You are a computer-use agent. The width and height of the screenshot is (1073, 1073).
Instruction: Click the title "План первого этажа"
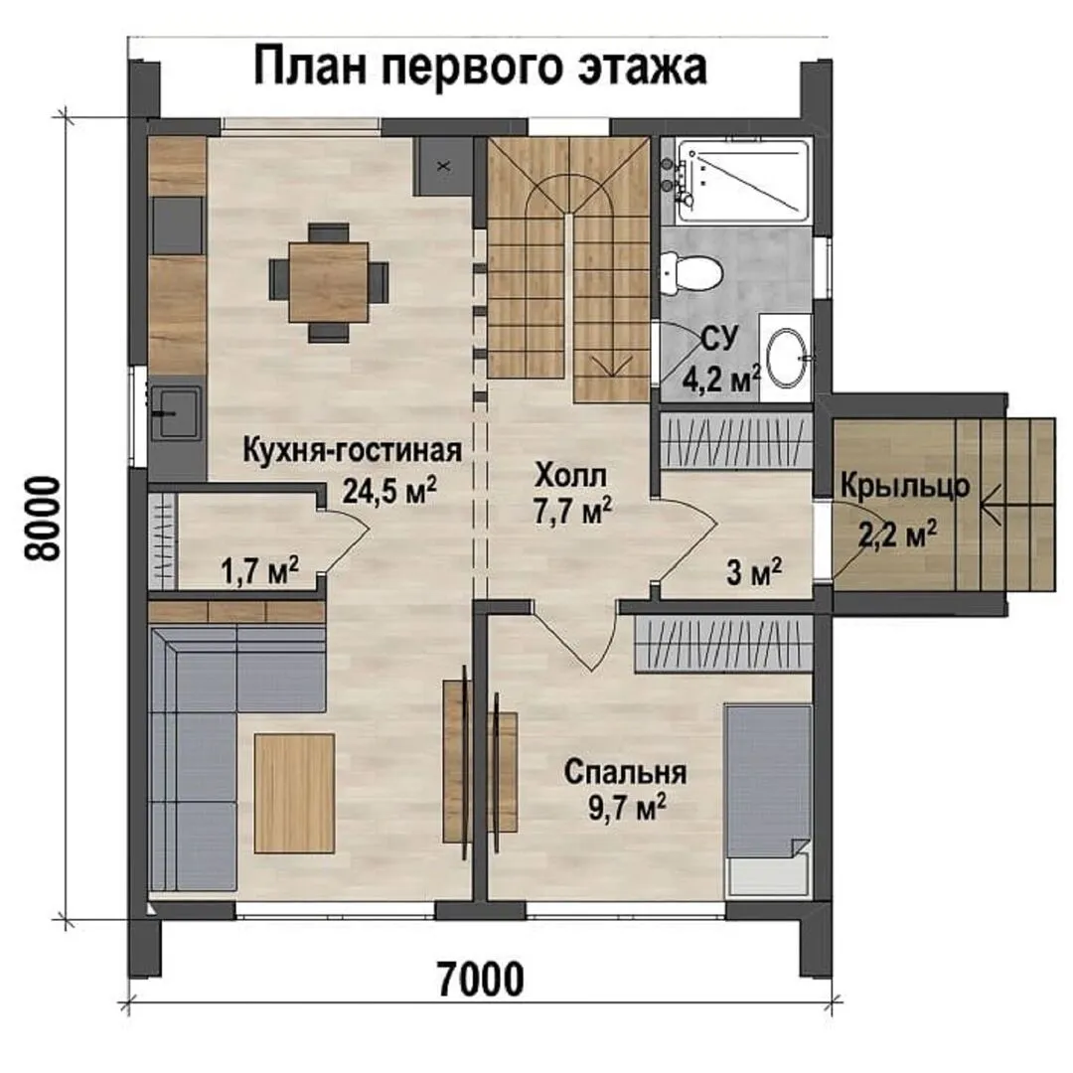(480, 67)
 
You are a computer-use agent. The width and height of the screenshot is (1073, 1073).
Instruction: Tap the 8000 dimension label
(43, 519)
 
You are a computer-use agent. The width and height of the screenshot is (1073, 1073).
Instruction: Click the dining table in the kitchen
(329, 282)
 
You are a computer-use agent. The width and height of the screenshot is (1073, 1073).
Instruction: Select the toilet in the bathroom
(691, 273)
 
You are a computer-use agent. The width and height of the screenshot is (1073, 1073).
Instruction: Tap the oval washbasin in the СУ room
(788, 358)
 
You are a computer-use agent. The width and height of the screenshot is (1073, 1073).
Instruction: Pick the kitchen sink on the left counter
(176, 413)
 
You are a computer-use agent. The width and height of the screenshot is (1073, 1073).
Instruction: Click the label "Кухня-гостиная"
(353, 451)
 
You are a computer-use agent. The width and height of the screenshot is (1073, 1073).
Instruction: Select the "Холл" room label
(571, 476)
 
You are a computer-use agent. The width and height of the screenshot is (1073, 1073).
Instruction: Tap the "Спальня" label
(626, 773)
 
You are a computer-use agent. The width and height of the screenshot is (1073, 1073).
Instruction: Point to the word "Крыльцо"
(905, 487)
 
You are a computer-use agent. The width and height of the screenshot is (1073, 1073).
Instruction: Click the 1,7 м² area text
(259, 569)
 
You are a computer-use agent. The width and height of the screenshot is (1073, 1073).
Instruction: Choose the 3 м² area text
(754, 572)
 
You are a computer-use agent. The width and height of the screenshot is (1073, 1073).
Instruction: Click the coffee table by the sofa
(294, 794)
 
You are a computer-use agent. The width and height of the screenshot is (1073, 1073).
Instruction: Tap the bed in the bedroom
(768, 802)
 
